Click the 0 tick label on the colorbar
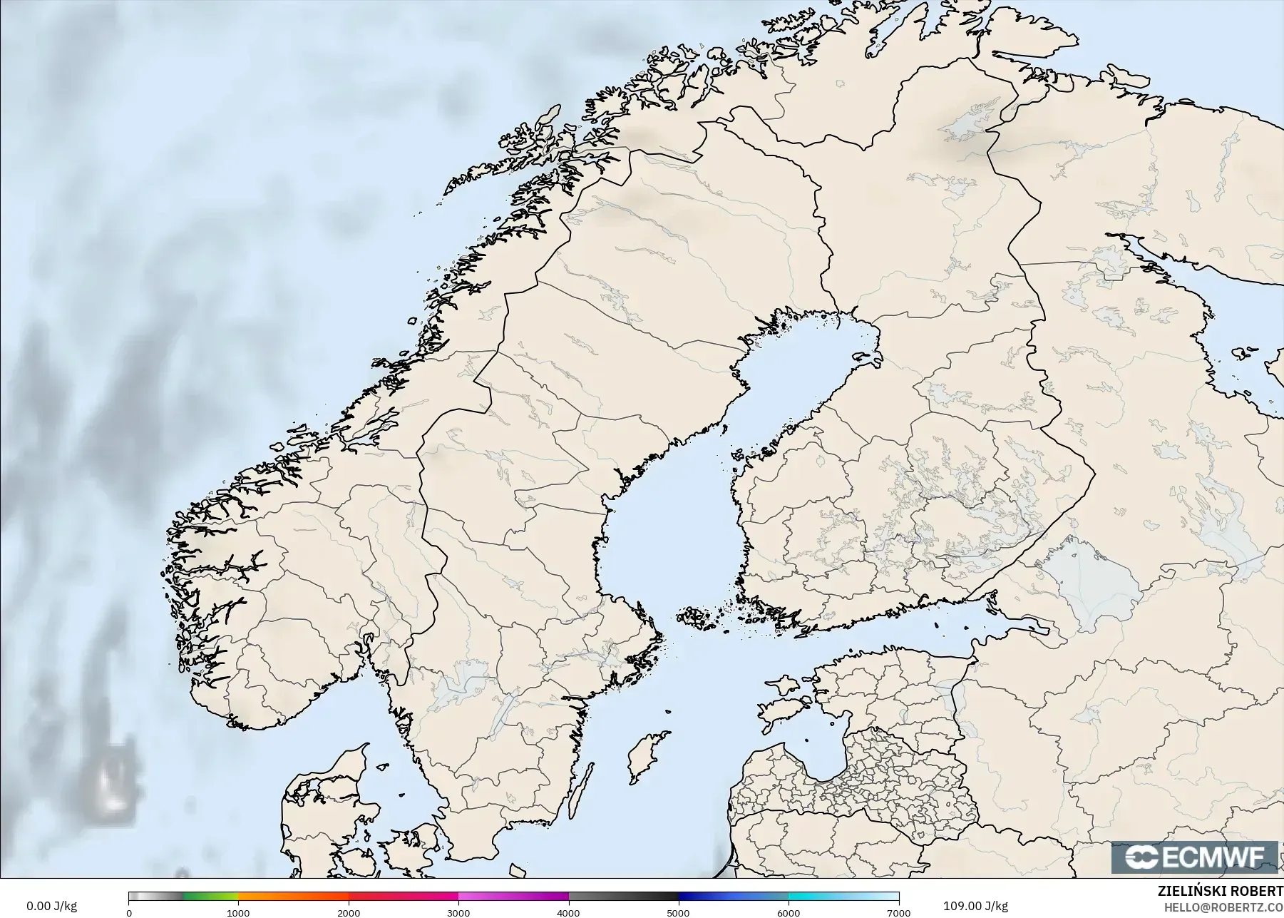click(x=129, y=912)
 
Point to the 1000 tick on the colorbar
click(x=238, y=912)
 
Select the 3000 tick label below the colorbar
click(x=458, y=912)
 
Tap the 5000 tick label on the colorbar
click(x=678, y=912)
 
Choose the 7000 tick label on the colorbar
click(x=898, y=912)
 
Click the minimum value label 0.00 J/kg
click(x=51, y=906)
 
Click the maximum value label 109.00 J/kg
click(x=975, y=906)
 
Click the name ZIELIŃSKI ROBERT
click(x=1221, y=891)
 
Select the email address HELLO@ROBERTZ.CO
click(x=1223, y=907)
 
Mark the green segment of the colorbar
click(x=210, y=897)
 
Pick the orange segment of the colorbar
click(x=292, y=897)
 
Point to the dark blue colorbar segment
click(x=733, y=897)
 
